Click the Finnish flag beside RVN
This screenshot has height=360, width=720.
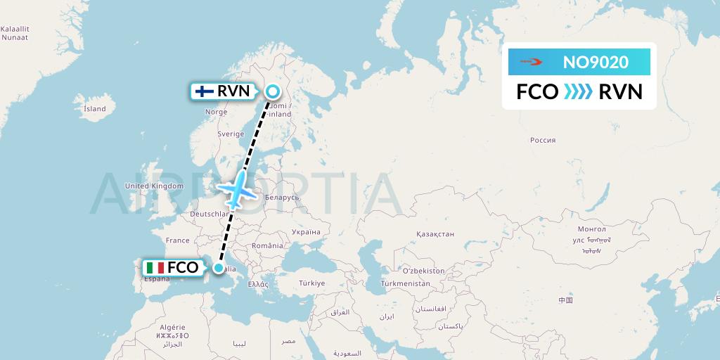click(x=205, y=91)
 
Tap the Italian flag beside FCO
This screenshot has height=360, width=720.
click(x=155, y=268)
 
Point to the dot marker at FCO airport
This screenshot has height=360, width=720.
click(x=219, y=268)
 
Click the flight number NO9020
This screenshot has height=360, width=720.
click(x=596, y=63)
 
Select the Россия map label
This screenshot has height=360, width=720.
click(x=543, y=140)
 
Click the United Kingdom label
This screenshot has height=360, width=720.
click(x=154, y=186)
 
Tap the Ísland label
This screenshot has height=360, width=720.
click(x=94, y=109)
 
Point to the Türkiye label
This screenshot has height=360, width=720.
click(x=311, y=283)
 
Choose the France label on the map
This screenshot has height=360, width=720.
click(x=178, y=240)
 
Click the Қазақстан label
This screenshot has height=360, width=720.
click(x=435, y=234)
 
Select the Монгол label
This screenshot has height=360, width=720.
click(x=591, y=229)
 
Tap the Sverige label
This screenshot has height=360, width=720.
click(x=231, y=134)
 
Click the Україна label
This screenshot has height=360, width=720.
click(x=306, y=232)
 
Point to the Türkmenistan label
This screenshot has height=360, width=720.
click(x=405, y=283)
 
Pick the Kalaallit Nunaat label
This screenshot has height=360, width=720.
click(x=15, y=33)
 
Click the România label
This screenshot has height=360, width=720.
click(x=268, y=245)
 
